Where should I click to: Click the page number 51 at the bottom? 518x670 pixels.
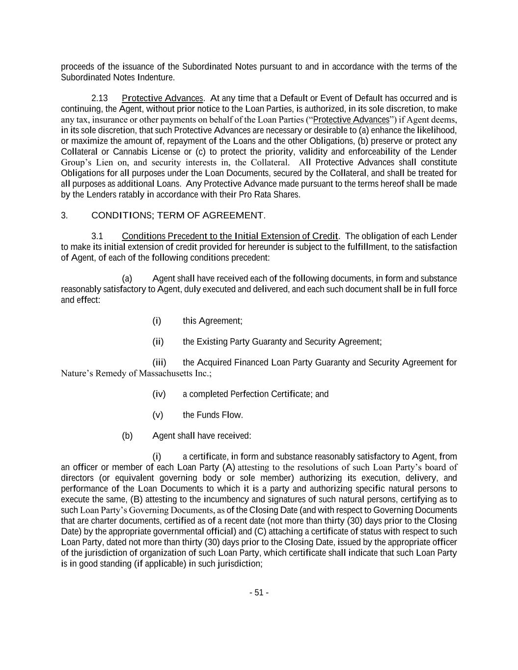coord(259,592)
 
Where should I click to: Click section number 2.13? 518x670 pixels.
coord(100,98)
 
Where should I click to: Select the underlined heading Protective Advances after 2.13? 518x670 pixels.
coord(162,98)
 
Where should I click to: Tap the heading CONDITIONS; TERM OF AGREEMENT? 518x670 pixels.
coord(178,215)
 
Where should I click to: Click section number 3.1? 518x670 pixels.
coord(97,236)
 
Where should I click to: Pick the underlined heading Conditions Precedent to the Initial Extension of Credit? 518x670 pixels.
coord(230,236)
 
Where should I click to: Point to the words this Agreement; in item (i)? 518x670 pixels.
coord(213,321)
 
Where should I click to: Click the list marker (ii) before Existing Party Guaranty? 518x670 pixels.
coord(158,342)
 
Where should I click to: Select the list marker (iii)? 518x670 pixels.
coord(159,363)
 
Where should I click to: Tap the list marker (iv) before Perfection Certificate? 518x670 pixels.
coord(159,394)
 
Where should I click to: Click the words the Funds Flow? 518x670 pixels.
coord(213,415)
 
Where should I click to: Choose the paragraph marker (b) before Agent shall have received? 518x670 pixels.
coord(127,436)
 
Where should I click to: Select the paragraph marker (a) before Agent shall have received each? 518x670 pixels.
coord(127,279)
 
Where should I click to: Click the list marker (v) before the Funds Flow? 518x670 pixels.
coord(158,415)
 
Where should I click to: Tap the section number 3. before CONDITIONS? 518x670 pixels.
coord(64,215)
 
